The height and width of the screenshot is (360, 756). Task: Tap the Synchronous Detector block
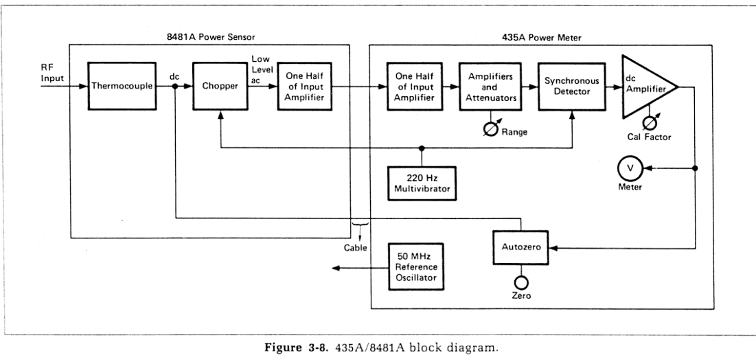click(571, 87)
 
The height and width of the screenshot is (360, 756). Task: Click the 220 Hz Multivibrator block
click(421, 183)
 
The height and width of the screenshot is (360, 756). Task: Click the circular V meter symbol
click(630, 167)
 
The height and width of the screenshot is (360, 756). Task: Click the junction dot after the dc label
click(176, 87)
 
